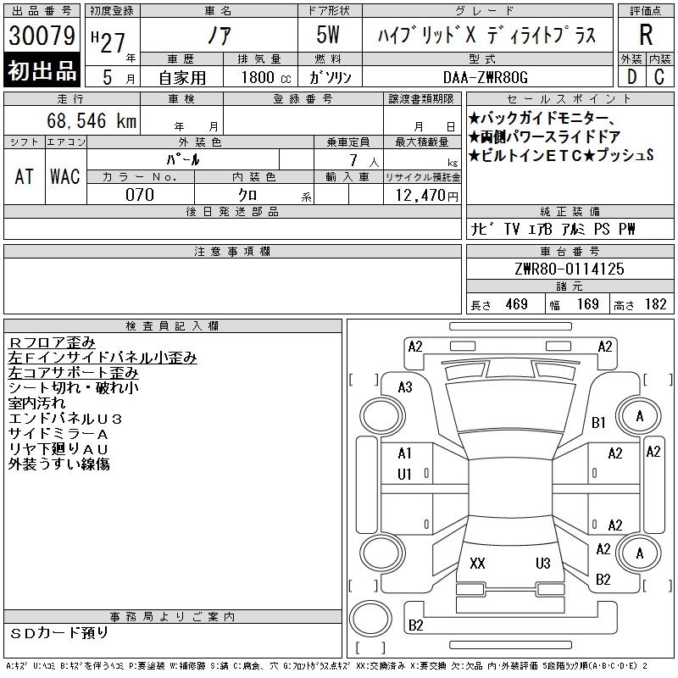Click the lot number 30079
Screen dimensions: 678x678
[x=42, y=35]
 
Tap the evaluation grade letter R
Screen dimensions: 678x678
[x=646, y=35]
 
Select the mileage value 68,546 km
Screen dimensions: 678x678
[x=92, y=120]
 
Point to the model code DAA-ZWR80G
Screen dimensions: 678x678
[x=486, y=77]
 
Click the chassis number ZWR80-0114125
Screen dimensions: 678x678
[x=570, y=269]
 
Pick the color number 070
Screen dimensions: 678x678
[x=140, y=195]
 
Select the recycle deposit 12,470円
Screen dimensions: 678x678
[x=427, y=195]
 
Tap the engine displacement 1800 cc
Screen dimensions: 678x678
[x=266, y=77]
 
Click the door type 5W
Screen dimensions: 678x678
[x=328, y=35]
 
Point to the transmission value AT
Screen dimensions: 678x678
[x=25, y=176]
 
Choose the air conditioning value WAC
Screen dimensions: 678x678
[x=65, y=176]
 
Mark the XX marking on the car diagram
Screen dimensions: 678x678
[x=477, y=563]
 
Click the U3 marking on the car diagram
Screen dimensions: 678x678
[x=543, y=563]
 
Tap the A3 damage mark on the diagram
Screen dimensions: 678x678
[x=405, y=387]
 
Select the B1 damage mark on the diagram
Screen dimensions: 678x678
[x=598, y=422]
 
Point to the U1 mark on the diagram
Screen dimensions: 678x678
[x=404, y=475]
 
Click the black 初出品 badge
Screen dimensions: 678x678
[x=42, y=70]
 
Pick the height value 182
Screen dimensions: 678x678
[x=655, y=304]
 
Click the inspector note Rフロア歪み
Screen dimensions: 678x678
[x=52, y=342]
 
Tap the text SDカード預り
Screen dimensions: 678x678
[x=58, y=633]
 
